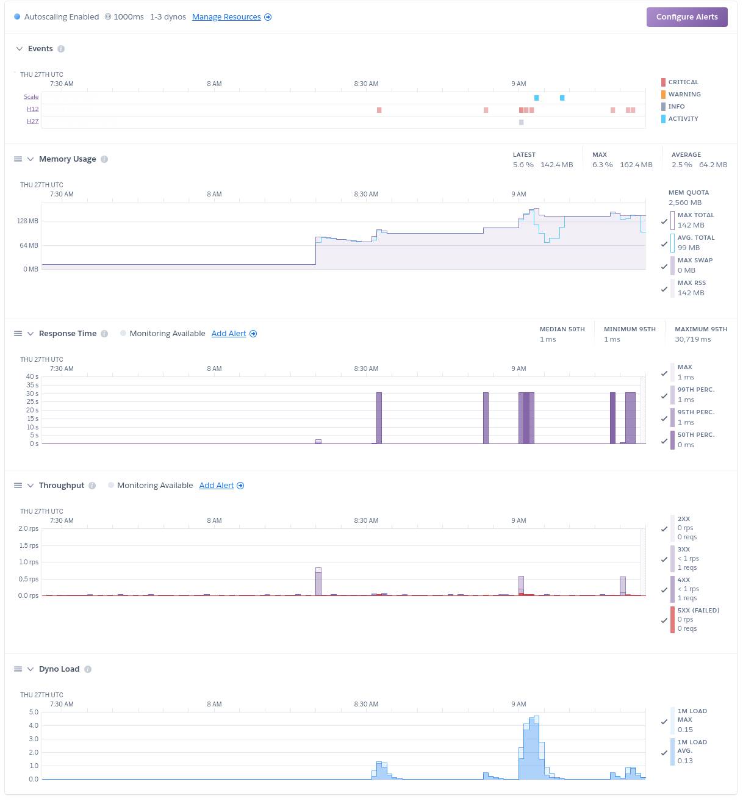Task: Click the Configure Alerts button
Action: [x=687, y=17]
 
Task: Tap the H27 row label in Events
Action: [x=32, y=121]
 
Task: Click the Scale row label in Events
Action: [x=31, y=97]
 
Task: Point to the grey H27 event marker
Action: [x=521, y=122]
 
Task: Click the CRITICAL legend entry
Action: [x=683, y=82]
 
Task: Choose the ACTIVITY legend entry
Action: [x=683, y=119]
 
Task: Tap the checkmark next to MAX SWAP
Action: [x=664, y=267]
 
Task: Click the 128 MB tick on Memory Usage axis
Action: [x=27, y=221]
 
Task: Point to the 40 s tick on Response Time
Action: [x=32, y=376]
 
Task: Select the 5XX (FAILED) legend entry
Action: [x=698, y=611]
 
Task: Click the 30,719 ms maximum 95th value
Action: [x=692, y=339]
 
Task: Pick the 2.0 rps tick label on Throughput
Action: [x=28, y=528]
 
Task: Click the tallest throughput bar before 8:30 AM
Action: [x=318, y=581]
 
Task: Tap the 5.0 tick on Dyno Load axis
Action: [x=34, y=712]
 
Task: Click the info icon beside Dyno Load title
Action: [x=88, y=669]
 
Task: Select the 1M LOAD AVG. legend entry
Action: [x=692, y=747]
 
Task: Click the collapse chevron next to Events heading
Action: [x=20, y=49]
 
